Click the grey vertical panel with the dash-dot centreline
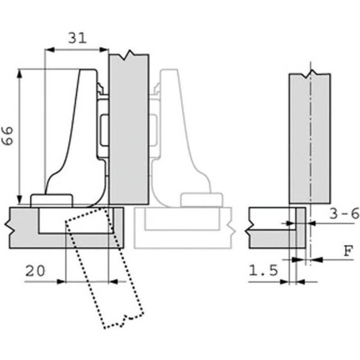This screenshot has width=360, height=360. pyautogui.click(x=309, y=135)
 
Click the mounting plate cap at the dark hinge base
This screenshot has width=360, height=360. pyautogui.click(x=51, y=200)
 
